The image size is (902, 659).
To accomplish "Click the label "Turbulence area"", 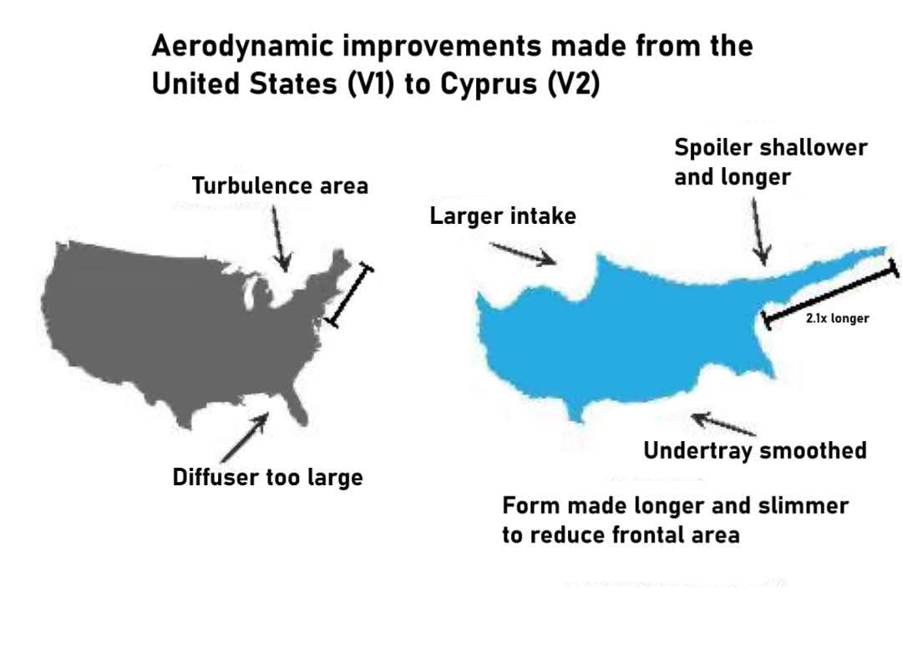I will tap(280, 185).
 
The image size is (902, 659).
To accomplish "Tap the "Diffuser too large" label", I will tap(267, 478).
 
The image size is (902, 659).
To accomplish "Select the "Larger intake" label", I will tap(503, 216).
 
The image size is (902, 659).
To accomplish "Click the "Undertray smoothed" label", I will tap(754, 451).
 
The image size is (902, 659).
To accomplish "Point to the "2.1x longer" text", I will tap(837, 318).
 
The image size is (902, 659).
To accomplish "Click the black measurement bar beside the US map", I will tap(350, 295).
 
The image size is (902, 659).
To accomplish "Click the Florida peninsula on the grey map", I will tap(294, 407).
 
